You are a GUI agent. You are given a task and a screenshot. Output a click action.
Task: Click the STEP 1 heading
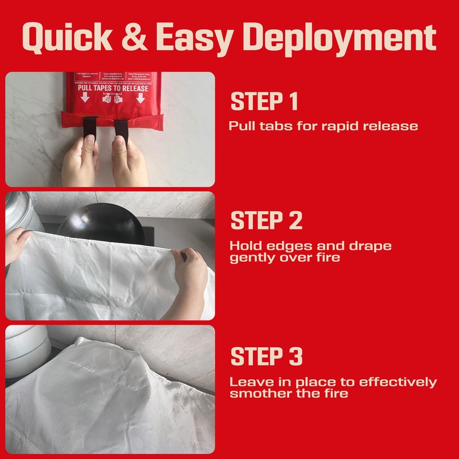(264, 102)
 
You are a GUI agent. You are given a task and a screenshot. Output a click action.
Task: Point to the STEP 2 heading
(266, 221)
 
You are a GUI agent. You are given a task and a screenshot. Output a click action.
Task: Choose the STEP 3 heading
(266, 356)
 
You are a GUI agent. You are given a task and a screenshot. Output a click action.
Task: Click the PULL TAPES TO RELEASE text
(113, 88)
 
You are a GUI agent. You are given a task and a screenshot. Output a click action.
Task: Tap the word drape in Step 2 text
(374, 246)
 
